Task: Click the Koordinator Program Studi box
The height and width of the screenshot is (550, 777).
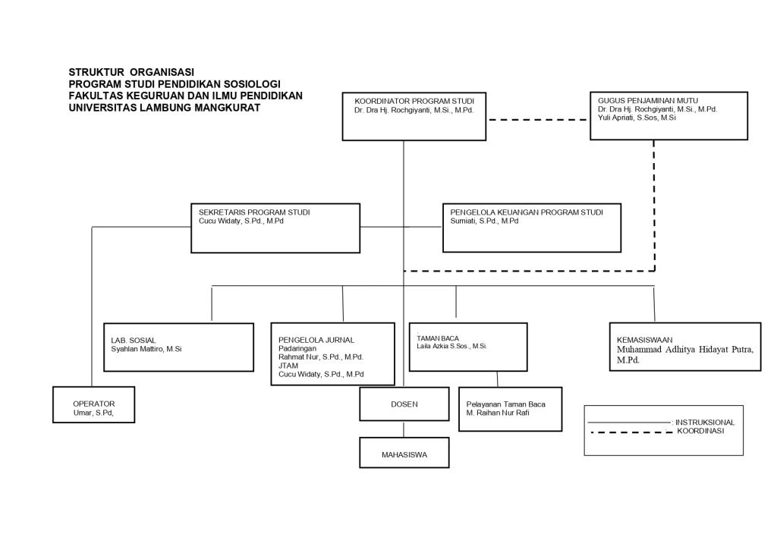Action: tap(414, 116)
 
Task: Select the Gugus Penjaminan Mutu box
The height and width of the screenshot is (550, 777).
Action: tap(668, 116)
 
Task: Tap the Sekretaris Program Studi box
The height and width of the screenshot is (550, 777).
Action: tap(275, 228)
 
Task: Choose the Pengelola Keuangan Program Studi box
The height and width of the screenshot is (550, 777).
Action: tap(532, 228)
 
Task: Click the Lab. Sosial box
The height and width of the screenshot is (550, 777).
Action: tap(178, 347)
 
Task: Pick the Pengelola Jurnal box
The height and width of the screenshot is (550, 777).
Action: tap(332, 354)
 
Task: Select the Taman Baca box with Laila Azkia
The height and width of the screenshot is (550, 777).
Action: tap(467, 347)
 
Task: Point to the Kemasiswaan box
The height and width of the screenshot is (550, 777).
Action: tap(685, 347)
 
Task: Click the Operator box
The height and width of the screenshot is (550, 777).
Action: tap(93, 405)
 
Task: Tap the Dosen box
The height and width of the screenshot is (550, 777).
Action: tap(404, 404)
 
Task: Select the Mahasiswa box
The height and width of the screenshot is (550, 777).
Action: tap(404, 452)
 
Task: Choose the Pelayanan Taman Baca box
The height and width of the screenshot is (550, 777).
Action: tap(511, 410)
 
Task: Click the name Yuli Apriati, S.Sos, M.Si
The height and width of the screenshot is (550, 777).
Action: tap(637, 118)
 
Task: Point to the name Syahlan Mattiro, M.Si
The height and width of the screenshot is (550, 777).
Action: tap(146, 349)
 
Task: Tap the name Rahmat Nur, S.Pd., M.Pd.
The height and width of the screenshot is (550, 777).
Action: tap(321, 357)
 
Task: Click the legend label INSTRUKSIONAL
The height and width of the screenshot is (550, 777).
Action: tap(705, 423)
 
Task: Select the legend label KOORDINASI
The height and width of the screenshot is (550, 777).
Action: tap(700, 431)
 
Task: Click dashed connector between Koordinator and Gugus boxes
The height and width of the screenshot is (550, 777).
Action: tap(538, 120)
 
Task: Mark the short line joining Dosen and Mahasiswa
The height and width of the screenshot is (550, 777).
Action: tap(404, 429)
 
